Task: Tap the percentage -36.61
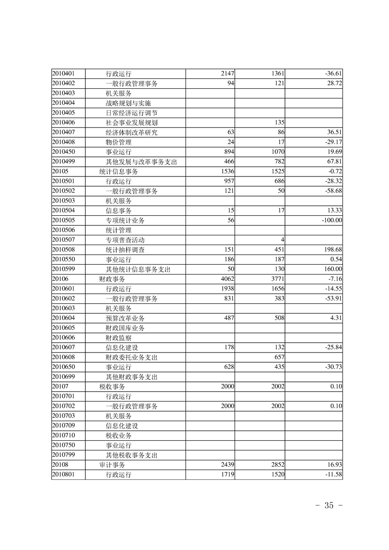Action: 333,74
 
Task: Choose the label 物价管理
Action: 118,142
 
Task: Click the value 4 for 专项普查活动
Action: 283,240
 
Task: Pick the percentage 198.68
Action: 332,250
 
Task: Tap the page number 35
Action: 328,506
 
